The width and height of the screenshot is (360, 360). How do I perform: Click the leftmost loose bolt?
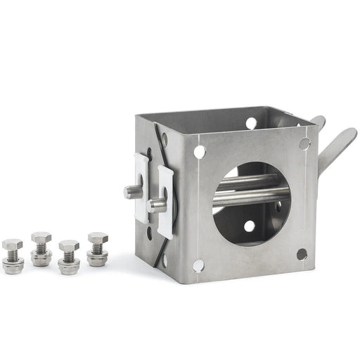[x=12, y=255]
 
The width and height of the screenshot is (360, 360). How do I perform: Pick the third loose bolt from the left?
[x=68, y=257]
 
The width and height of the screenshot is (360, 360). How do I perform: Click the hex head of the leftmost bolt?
[x=12, y=245]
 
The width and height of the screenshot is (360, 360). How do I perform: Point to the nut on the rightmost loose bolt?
[x=97, y=257]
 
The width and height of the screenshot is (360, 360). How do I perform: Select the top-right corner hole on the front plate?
[x=304, y=143]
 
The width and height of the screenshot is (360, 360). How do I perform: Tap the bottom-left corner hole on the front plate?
[x=198, y=265]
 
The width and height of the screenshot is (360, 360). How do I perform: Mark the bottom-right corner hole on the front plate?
[x=302, y=254]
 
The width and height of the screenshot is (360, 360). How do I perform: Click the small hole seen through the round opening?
[x=248, y=226]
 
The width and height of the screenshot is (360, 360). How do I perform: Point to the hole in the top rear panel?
[x=251, y=123]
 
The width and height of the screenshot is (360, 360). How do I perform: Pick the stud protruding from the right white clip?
[x=157, y=205]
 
